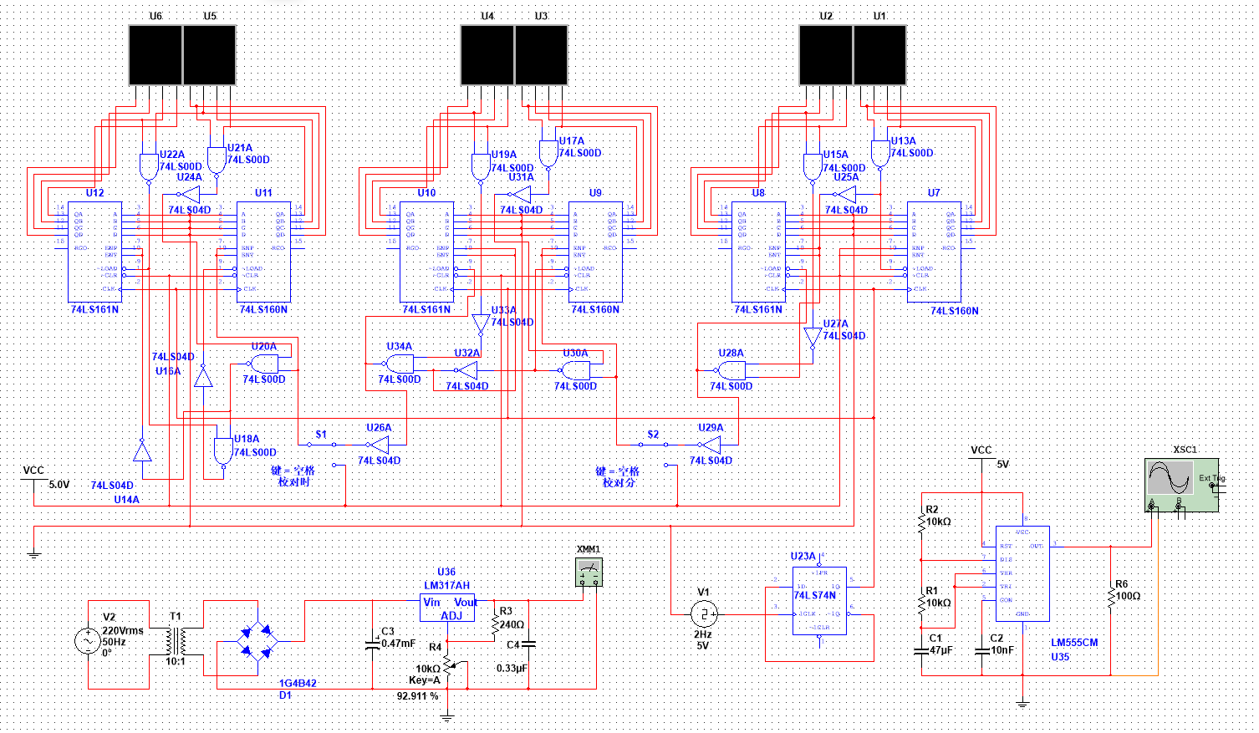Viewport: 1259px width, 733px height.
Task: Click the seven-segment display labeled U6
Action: click(155, 55)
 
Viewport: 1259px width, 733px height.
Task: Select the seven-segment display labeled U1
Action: click(879, 55)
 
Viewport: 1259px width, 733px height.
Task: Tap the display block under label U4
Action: click(487, 55)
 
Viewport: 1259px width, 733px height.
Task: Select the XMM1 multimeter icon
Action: click(589, 572)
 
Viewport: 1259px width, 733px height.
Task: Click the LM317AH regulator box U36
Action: click(447, 608)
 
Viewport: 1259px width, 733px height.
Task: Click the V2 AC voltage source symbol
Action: click(88, 642)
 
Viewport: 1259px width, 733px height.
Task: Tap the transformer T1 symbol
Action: click(176, 642)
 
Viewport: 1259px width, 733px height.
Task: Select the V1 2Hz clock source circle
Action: click(703, 615)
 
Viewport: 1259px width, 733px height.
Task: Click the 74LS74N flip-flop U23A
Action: click(819, 600)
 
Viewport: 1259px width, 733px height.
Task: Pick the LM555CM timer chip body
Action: click(1022, 573)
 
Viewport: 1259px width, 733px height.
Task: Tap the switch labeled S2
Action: click(653, 444)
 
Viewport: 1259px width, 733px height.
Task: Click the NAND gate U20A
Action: click(264, 364)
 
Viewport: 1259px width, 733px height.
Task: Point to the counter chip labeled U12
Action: click(94, 252)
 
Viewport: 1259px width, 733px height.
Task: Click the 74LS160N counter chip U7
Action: click(934, 252)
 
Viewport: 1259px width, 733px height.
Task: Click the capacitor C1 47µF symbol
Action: click(921, 650)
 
